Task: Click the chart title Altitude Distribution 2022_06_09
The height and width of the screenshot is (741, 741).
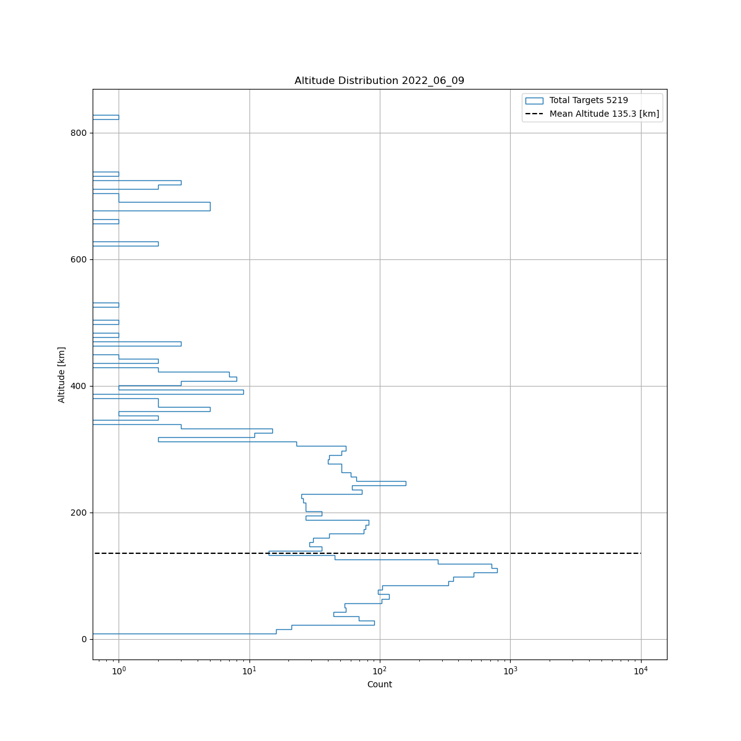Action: pos(379,81)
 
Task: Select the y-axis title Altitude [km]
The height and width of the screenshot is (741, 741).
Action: pos(62,375)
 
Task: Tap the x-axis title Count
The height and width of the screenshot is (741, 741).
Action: pos(379,684)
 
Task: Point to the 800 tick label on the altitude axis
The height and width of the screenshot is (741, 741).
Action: pos(79,133)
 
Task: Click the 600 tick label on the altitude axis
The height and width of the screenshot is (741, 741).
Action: pos(79,259)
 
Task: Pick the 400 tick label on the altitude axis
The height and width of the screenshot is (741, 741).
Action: pos(79,386)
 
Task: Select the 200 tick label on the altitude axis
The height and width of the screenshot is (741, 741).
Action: pos(79,513)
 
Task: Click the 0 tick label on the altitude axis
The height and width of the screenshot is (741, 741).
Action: pos(84,639)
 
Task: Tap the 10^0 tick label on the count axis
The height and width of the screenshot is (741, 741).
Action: pos(119,671)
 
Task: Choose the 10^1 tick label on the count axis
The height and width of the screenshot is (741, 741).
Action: pos(249,671)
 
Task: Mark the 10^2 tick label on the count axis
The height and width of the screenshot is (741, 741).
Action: pos(380,671)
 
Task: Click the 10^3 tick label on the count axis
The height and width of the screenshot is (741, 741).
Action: pos(510,671)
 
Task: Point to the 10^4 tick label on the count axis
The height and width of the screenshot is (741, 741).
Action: pos(641,671)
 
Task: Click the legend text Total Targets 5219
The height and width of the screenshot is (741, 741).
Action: pos(588,100)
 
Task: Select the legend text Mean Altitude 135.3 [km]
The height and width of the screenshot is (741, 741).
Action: pos(604,114)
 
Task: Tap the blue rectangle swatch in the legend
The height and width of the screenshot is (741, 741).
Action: pos(534,100)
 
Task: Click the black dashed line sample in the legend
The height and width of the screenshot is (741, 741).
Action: pos(534,114)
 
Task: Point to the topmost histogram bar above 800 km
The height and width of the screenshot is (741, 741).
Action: pos(106,117)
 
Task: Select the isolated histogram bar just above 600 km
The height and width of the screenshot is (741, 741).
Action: pos(125,244)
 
